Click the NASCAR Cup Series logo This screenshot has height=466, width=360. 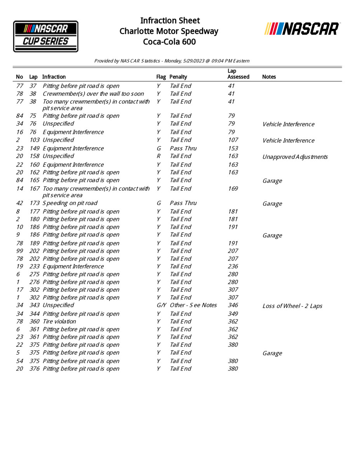[46, 36]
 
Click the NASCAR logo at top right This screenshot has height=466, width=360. [302, 29]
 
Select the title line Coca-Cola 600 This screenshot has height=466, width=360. [169, 42]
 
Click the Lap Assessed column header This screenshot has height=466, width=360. [238, 74]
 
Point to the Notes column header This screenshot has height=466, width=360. [269, 77]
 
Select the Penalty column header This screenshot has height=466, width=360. [178, 77]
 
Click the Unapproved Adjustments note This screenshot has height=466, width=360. [295, 157]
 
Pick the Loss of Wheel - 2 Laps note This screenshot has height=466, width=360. [292, 306]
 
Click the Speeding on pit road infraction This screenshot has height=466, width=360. [70, 203]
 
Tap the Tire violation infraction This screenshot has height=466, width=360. [59, 322]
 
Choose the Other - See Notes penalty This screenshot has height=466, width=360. [193, 305]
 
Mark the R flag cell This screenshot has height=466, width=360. [158, 156]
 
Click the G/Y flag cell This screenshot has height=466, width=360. [162, 305]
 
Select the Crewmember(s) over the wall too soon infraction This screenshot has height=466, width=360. [93, 94]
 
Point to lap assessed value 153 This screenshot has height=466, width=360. [233, 148]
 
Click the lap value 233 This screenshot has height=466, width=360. [35, 266]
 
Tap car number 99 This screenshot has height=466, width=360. [19, 251]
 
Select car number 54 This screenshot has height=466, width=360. [19, 361]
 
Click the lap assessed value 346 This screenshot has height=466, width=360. [233, 305]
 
